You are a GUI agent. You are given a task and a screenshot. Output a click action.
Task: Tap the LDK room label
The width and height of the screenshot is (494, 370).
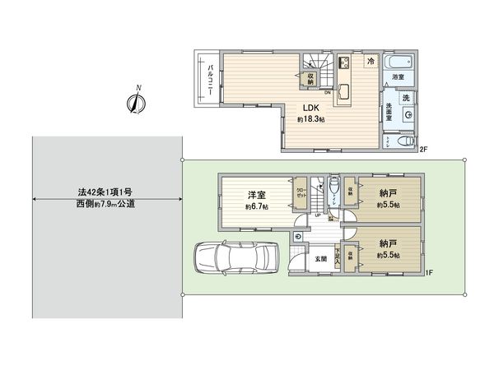point(310,108)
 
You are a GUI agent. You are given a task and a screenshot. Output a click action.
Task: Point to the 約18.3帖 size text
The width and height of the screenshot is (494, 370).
point(310,120)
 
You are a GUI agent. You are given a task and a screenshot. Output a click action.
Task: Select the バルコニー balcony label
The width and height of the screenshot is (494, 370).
point(210,79)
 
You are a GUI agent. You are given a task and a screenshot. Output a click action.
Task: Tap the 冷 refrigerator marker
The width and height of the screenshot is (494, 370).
point(371,61)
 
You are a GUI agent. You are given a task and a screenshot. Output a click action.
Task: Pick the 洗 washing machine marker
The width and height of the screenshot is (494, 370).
point(406,98)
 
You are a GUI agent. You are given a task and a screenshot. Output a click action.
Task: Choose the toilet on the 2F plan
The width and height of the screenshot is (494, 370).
point(403,142)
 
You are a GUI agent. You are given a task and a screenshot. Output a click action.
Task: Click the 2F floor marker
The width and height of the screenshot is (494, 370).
point(424,150)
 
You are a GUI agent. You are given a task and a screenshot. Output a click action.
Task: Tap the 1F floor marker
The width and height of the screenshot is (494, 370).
point(430,272)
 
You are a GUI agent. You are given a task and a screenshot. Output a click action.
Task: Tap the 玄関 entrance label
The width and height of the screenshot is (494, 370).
point(320,259)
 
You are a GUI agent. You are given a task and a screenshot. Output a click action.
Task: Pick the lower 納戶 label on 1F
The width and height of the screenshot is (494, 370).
point(387,244)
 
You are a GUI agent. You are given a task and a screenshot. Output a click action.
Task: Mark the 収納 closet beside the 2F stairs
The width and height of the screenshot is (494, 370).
point(310,77)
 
